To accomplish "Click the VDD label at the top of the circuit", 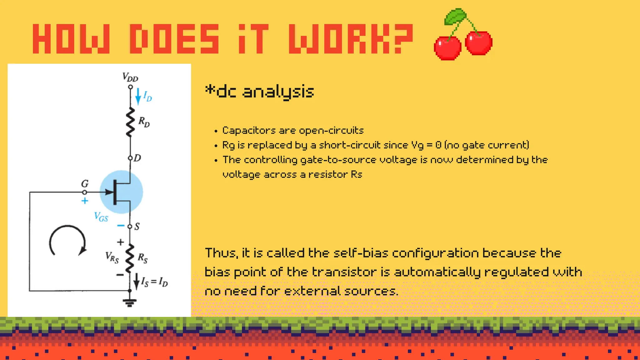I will point(130,77).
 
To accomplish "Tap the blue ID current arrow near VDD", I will point(138,96).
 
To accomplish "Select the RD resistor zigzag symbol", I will point(130,122).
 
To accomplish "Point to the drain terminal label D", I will point(137,158).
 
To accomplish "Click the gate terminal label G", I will point(85,183).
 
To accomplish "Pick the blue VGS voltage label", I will point(101,217).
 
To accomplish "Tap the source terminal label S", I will point(137,227).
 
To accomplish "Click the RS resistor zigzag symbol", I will point(130,258).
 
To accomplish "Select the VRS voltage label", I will point(112,257).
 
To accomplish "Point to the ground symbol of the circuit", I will point(130,302).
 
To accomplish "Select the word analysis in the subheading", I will point(278,92).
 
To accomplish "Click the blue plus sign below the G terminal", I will point(85,201).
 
